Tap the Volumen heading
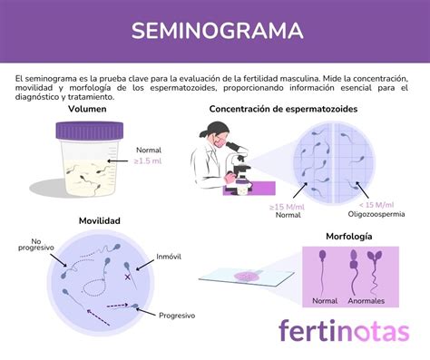pos(87,110)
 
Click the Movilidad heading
pos(101,221)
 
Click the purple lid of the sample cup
pos(86,131)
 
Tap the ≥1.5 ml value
pos(149,161)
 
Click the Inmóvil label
pos(169,257)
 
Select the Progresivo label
pos(177,316)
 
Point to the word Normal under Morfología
pos(325,300)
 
